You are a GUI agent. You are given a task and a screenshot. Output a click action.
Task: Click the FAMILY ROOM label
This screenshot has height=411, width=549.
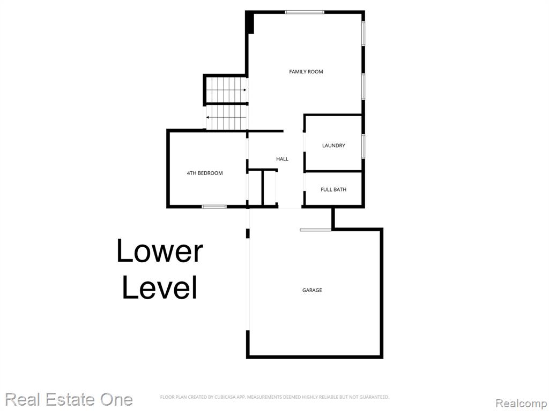coord(306,72)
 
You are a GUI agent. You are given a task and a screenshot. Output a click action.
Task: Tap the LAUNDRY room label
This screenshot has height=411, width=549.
coord(333,146)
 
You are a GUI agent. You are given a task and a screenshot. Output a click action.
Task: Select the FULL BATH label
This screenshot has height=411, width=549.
coord(333,189)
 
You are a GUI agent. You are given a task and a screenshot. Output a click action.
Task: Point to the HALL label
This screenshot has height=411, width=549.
coord(282,159)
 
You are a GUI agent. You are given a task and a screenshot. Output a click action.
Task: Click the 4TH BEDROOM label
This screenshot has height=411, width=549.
coord(205,173)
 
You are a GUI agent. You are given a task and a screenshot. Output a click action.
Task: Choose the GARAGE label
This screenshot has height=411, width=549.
coord(312,290)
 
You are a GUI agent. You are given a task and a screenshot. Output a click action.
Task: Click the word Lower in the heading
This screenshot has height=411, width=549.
coord(160,250)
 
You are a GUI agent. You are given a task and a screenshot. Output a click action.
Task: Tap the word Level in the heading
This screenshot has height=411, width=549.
coord(160,287)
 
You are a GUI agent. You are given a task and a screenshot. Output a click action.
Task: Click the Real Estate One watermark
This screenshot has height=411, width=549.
coord(69,399)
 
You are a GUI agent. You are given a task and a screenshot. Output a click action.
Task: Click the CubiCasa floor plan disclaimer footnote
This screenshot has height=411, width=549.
coord(274,397)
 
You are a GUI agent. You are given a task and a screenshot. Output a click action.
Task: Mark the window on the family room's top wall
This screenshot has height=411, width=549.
coord(305,12)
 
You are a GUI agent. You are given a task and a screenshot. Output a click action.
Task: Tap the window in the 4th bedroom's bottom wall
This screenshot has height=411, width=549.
coord(214,207)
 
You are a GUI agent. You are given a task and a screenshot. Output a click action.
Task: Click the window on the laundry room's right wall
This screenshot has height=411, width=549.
coord(363,146)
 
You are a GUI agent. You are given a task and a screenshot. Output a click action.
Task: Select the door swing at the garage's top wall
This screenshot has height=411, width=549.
coord(315,230)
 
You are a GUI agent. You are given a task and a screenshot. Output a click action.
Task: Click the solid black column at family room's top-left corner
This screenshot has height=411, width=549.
coord(249,22)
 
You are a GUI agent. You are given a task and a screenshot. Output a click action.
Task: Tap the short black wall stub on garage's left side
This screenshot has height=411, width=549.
coord(248,233)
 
